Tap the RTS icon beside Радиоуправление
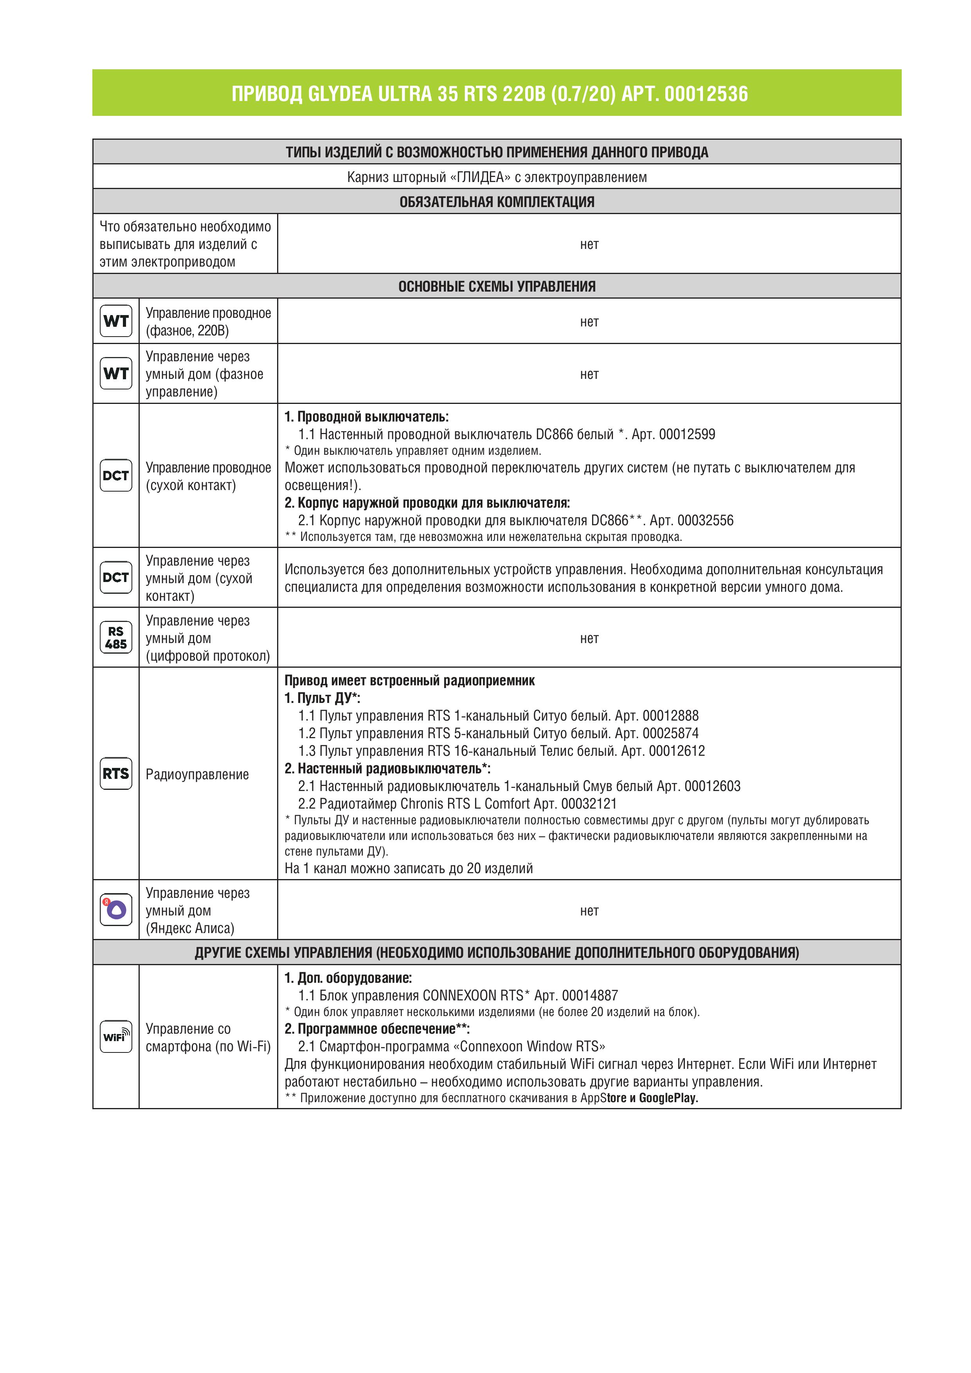pyautogui.click(x=116, y=773)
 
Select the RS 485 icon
pyautogui.click(x=116, y=638)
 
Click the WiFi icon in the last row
pyautogui.click(x=116, y=1036)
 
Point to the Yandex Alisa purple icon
pyautogui.click(x=116, y=910)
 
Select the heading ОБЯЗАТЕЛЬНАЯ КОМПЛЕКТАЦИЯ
pyautogui.click(x=497, y=202)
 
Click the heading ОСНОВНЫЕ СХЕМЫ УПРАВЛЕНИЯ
pyautogui.click(x=497, y=286)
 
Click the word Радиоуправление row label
pyautogui.click(x=197, y=775)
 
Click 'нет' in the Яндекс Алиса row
pyautogui.click(x=589, y=911)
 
